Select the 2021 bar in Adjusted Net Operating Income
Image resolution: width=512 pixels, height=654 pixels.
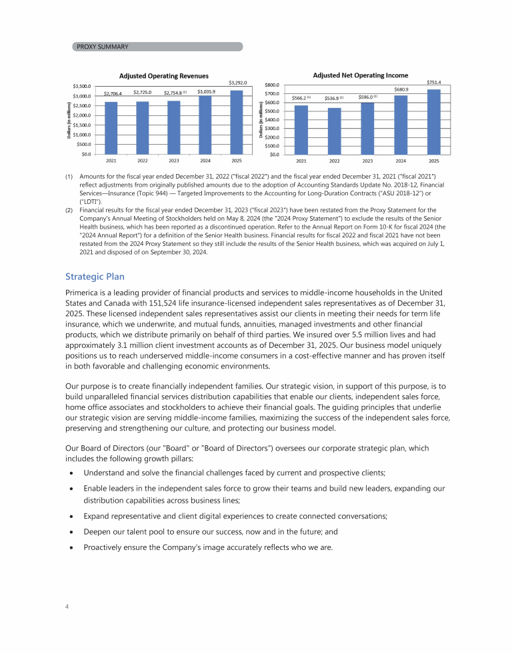coord(301,130)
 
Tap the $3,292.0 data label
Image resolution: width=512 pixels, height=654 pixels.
coord(238,83)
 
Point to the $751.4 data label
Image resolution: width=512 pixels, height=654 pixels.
coord(434,83)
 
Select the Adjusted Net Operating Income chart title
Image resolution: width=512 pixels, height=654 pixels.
coord(361,75)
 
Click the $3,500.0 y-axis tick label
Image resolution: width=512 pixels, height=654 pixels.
coord(82,87)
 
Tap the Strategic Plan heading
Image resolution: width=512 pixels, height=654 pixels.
coord(95,277)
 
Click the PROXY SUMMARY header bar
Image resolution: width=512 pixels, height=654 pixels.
coord(157,47)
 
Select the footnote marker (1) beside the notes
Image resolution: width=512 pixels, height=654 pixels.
coord(69,175)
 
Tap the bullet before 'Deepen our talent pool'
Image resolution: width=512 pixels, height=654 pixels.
coord(71,533)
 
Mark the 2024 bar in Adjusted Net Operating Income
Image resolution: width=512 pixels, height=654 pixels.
coord(401,125)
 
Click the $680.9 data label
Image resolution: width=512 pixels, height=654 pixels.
coord(401,89)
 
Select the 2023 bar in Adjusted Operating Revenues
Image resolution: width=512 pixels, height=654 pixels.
coord(174,127)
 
